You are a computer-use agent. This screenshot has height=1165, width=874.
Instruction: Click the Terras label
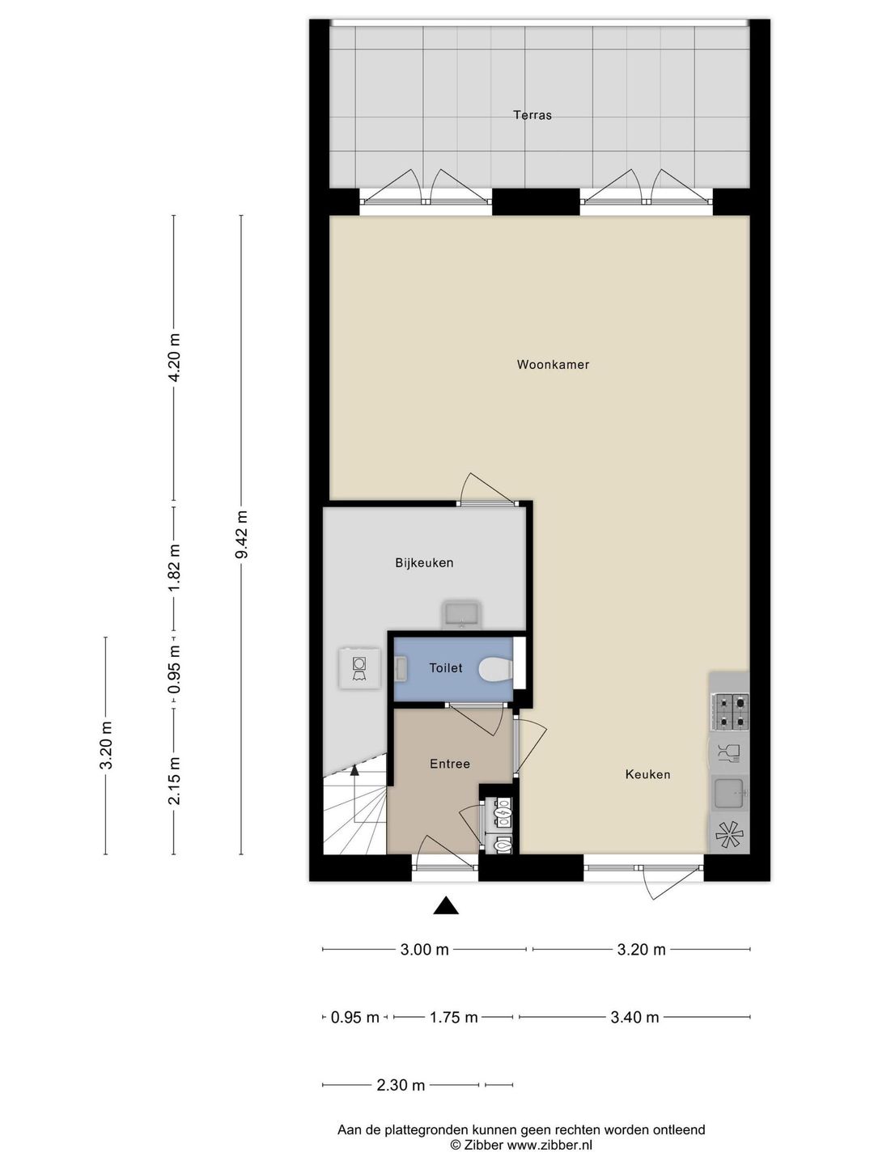pyautogui.click(x=532, y=115)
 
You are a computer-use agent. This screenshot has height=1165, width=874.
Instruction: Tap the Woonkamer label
pyautogui.click(x=553, y=364)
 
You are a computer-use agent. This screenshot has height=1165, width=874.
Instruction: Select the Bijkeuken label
pyautogui.click(x=424, y=562)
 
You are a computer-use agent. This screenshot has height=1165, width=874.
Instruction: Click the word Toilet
pyautogui.click(x=446, y=667)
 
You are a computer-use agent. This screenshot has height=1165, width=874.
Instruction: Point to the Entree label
pyautogui.click(x=450, y=763)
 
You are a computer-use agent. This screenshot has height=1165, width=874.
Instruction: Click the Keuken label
pyautogui.click(x=647, y=774)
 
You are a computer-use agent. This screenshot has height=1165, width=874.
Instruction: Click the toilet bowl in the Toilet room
pyautogui.click(x=494, y=669)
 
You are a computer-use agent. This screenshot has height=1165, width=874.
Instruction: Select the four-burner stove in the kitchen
pyautogui.click(x=732, y=711)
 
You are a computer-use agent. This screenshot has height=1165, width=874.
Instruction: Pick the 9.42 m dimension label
pyautogui.click(x=242, y=535)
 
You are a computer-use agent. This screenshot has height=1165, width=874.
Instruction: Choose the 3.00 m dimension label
pyautogui.click(x=424, y=949)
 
